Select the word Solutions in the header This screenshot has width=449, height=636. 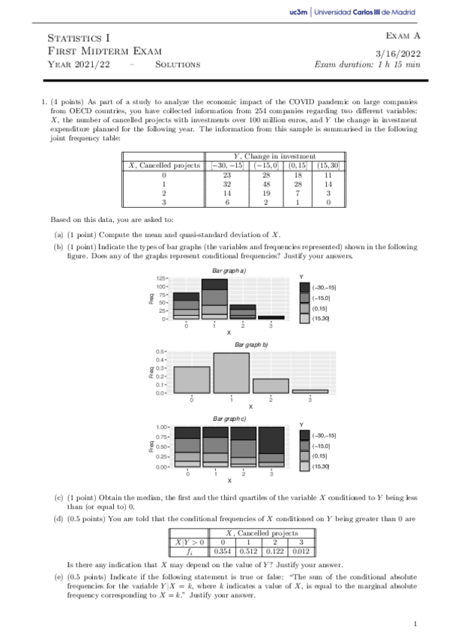tap(177, 64)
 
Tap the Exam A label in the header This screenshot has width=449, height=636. tap(403, 35)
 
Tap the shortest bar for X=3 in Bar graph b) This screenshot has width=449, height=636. tap(310, 391)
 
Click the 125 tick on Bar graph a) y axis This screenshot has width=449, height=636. tap(162, 278)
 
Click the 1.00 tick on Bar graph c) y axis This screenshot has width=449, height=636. tap(160, 426)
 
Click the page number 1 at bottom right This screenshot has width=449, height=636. tap(415, 622)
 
